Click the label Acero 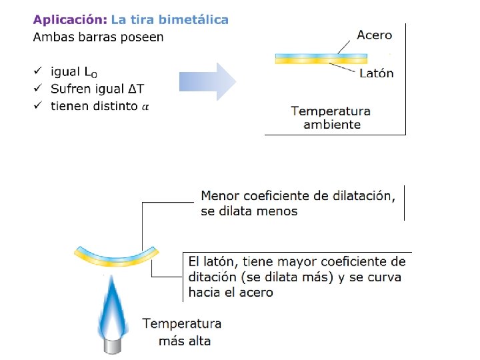[x=375, y=35]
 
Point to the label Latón [x=376, y=73]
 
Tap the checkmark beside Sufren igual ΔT [x=38, y=88]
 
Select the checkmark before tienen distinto [x=38, y=105]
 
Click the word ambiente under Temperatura [x=332, y=125]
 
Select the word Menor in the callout [x=219, y=196]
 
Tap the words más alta [x=185, y=341]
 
